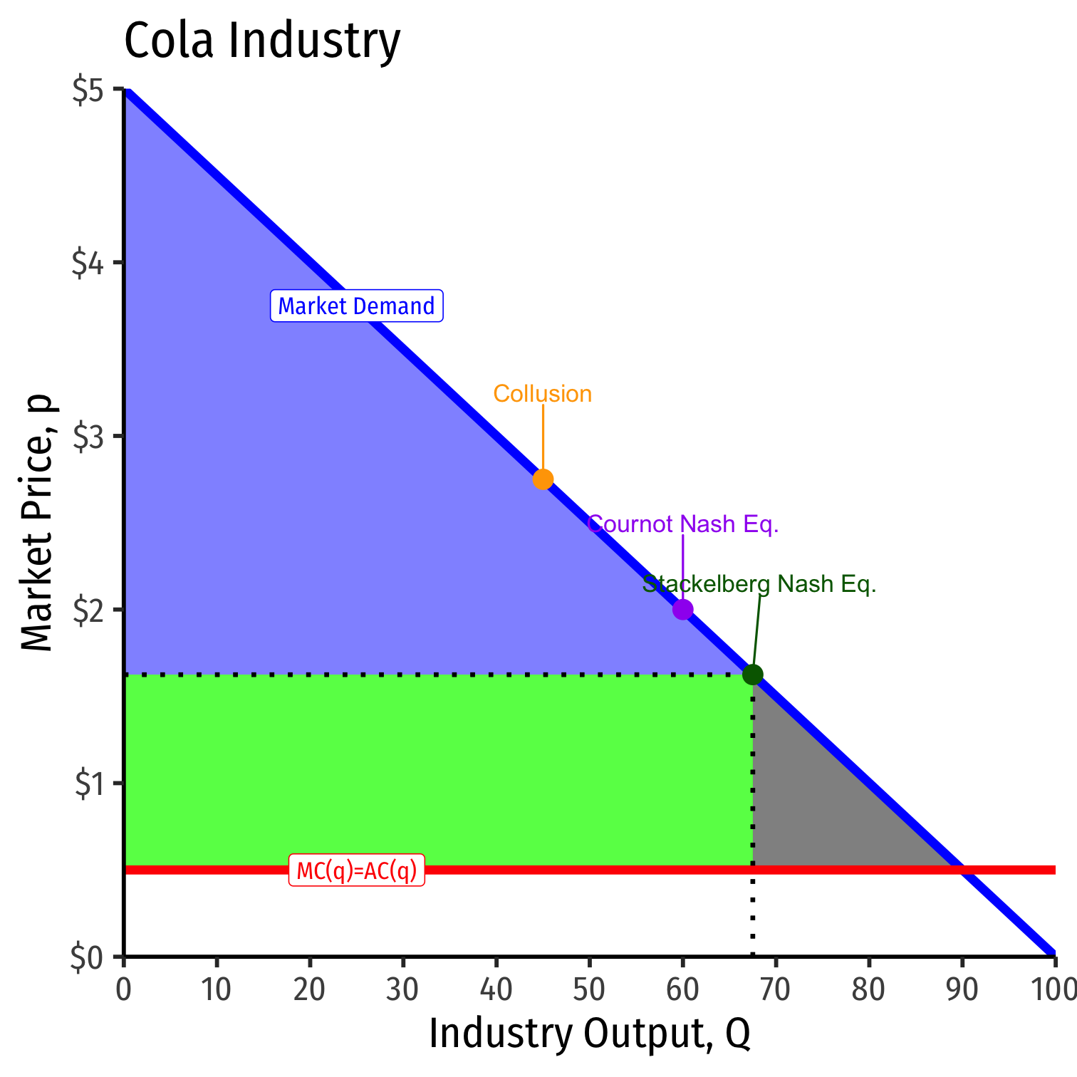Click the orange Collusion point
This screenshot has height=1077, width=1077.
pyautogui.click(x=543, y=479)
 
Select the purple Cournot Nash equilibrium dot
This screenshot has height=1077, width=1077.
pyautogui.click(x=682, y=610)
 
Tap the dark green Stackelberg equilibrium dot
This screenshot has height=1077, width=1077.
pyautogui.click(x=753, y=675)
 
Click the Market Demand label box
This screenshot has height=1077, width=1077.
pyautogui.click(x=356, y=306)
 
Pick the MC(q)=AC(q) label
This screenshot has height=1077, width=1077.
pyautogui.click(x=356, y=870)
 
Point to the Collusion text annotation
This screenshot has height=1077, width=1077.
pyautogui.click(x=543, y=394)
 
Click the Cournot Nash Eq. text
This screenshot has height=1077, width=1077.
pyautogui.click(x=682, y=524)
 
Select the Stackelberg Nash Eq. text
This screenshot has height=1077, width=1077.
pyautogui.click(x=759, y=584)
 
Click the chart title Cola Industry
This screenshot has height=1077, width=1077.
pyautogui.click(x=262, y=41)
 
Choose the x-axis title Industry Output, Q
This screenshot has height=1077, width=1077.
pyautogui.click(x=589, y=1034)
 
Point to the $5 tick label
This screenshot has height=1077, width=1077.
pyautogui.click(x=88, y=92)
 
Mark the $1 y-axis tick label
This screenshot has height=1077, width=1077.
pyautogui.click(x=88, y=784)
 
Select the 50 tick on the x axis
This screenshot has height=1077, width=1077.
pyautogui.click(x=589, y=990)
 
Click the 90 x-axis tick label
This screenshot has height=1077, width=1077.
pyautogui.click(x=962, y=990)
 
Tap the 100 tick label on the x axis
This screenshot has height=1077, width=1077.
pyautogui.click(x=1053, y=990)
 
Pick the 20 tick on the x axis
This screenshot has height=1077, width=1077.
pyautogui.click(x=310, y=990)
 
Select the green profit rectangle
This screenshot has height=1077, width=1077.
pyautogui.click(x=427, y=769)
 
